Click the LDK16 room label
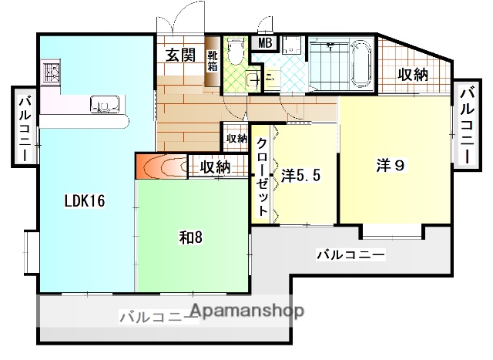[x=84, y=201]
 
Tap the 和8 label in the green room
[x=191, y=236]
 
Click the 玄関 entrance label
[x=180, y=55]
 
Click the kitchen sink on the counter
[x=103, y=105]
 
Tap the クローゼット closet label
[x=262, y=176]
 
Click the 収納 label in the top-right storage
[x=413, y=75]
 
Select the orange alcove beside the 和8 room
[x=160, y=166]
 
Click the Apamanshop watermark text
[x=246, y=311]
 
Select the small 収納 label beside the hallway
[x=236, y=139]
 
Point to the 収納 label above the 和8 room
[x=215, y=166]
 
